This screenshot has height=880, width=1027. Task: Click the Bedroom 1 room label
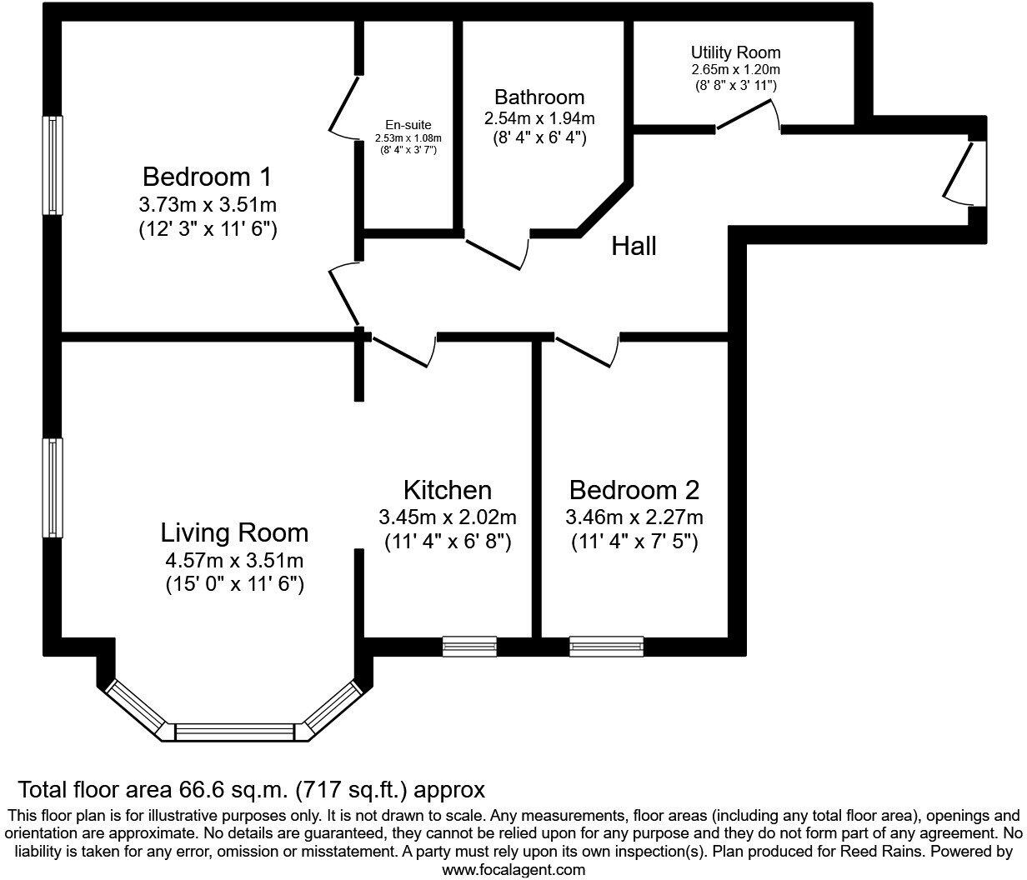click(x=207, y=177)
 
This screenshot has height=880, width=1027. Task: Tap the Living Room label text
click(x=234, y=532)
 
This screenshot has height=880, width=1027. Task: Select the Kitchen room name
click(x=447, y=489)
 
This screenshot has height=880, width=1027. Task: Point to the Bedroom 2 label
click(x=634, y=489)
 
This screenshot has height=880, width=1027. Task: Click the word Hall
click(x=634, y=246)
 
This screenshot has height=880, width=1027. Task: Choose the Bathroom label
click(x=539, y=97)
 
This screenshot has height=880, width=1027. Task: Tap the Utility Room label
click(x=735, y=53)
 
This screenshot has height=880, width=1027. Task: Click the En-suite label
click(x=408, y=125)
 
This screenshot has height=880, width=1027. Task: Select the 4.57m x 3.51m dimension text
click(x=234, y=559)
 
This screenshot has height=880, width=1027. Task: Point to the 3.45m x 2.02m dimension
click(x=447, y=517)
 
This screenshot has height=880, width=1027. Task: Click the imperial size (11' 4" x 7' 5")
click(x=634, y=542)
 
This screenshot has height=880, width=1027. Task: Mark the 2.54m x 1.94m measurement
click(x=539, y=118)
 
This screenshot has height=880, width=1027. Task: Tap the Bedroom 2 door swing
click(x=587, y=351)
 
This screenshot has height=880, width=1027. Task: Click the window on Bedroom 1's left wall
click(x=53, y=165)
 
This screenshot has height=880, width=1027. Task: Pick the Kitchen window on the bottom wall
click(x=468, y=647)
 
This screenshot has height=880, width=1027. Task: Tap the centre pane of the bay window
click(x=235, y=732)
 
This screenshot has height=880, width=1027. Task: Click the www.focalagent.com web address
click(x=513, y=870)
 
